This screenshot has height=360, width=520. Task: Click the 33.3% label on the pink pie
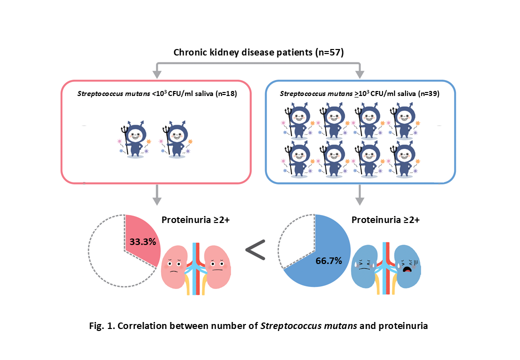pos(142,241)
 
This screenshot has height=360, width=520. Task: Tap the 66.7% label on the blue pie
pos(328,260)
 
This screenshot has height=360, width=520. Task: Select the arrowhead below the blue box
pos(359,200)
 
